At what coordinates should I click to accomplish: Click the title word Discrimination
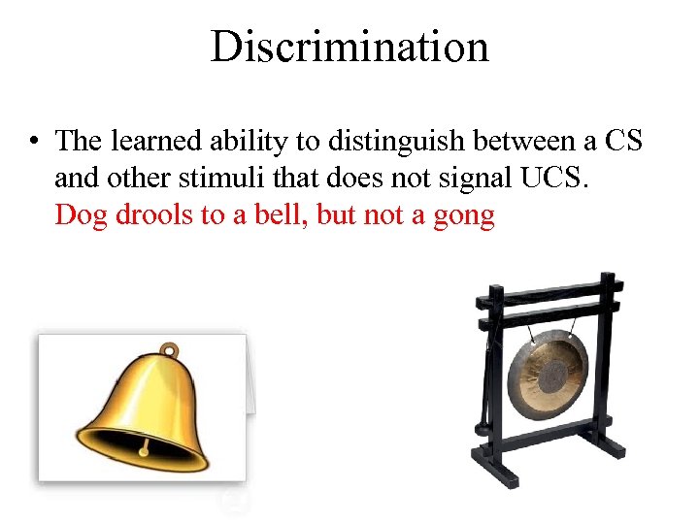pos(349,46)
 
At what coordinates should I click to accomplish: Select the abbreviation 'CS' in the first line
pos(622,141)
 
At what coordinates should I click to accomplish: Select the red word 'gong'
pos(462,215)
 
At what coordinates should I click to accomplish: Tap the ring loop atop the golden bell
pos(170,348)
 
